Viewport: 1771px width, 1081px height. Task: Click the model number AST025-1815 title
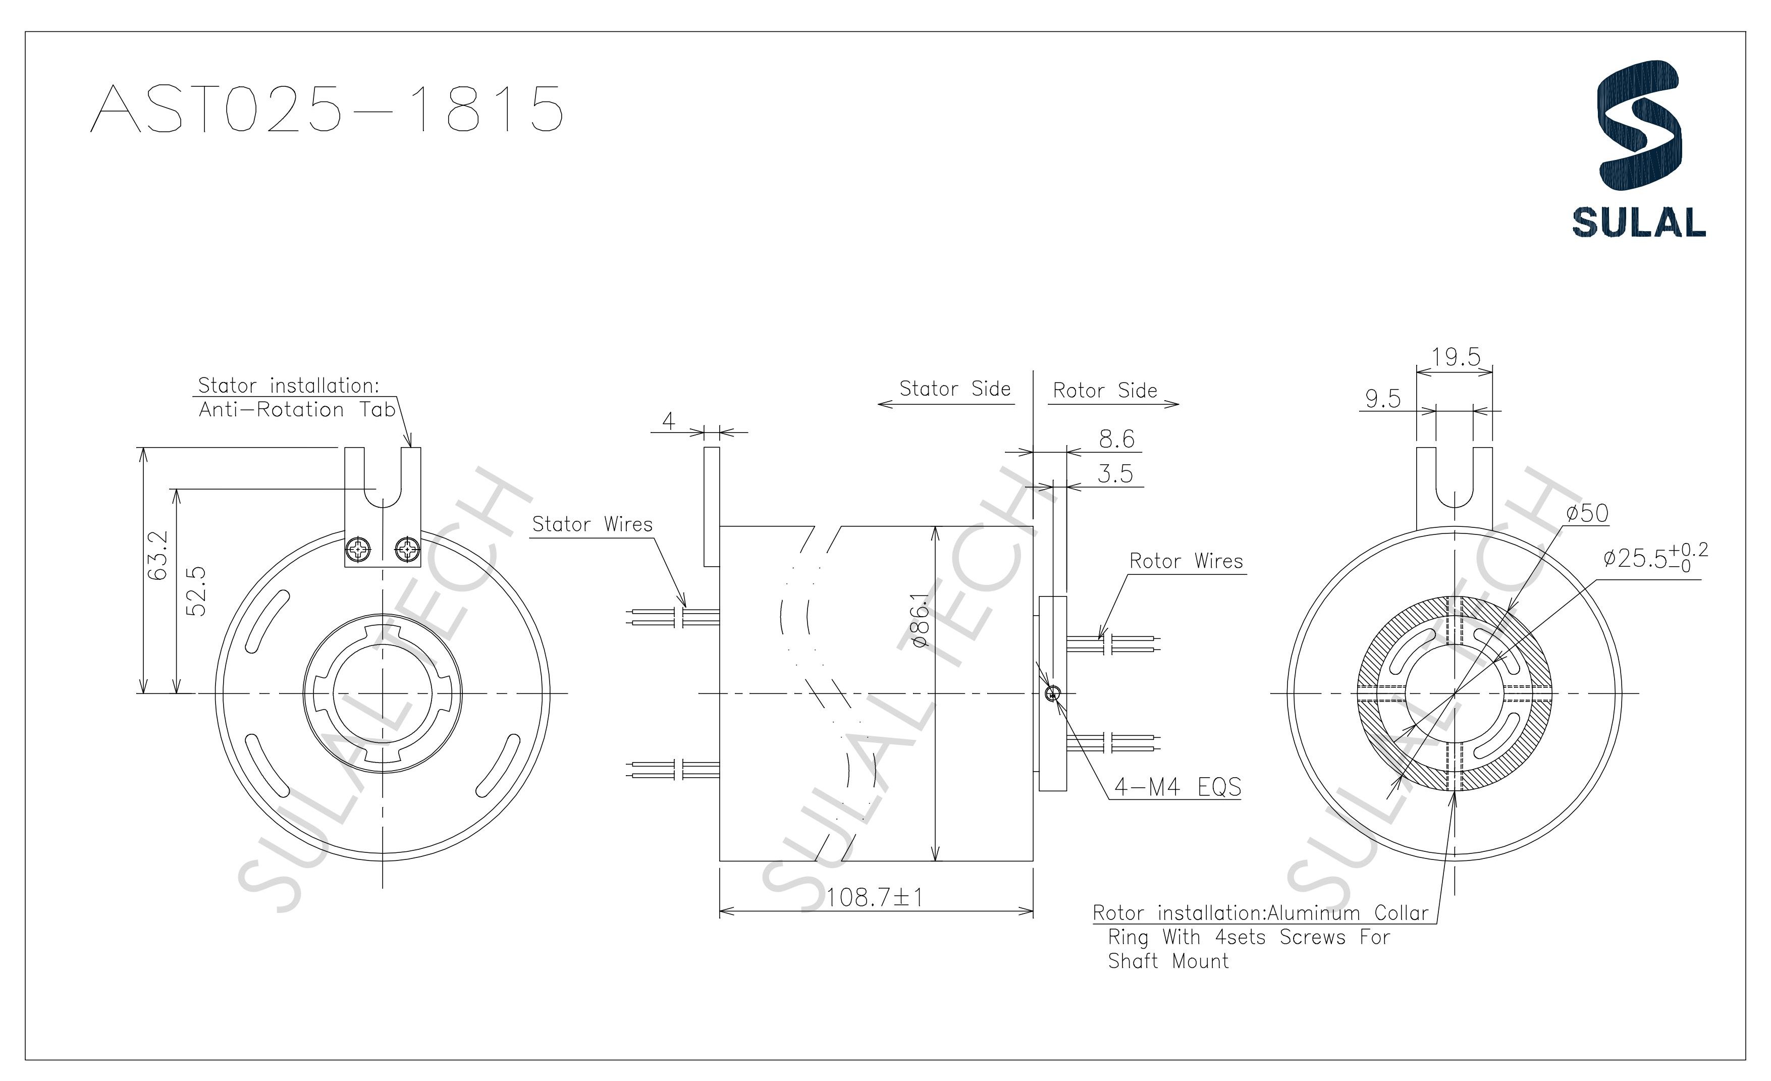point(327,109)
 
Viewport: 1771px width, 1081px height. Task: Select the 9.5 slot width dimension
point(1382,399)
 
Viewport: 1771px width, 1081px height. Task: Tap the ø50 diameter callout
point(1587,513)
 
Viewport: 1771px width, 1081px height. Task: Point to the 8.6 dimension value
point(1116,439)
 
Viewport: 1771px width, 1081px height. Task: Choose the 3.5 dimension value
point(1115,474)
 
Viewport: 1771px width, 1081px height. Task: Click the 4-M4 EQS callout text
point(1177,787)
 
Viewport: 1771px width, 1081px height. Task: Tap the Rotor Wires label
point(1186,561)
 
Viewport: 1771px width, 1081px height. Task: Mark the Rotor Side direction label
point(1105,390)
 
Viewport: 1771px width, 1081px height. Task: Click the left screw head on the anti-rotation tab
point(358,551)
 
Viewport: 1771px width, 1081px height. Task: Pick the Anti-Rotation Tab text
point(297,410)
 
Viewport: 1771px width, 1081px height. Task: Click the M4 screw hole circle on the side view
point(1052,693)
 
